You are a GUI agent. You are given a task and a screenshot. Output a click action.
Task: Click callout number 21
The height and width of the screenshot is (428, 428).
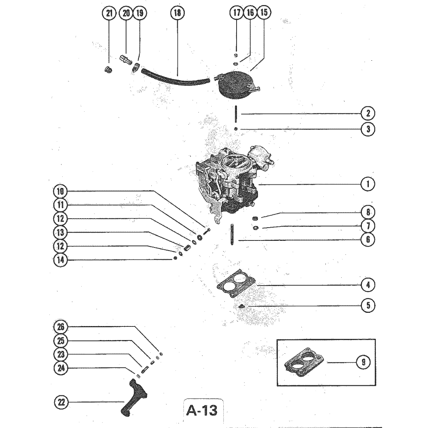click(x=109, y=13)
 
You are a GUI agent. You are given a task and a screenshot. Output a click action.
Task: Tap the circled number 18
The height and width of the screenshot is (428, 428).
click(x=177, y=13)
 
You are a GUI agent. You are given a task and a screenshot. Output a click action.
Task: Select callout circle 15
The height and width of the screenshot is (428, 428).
click(x=264, y=13)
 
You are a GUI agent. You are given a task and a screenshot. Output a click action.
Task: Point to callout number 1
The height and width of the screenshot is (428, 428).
click(x=368, y=184)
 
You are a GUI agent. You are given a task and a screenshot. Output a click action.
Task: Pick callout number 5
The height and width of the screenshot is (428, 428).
click(x=368, y=305)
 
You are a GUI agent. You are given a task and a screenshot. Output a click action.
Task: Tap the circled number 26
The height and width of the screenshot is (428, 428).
click(x=61, y=327)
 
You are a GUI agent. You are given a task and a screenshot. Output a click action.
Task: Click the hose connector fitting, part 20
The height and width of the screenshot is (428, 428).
click(x=126, y=60)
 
